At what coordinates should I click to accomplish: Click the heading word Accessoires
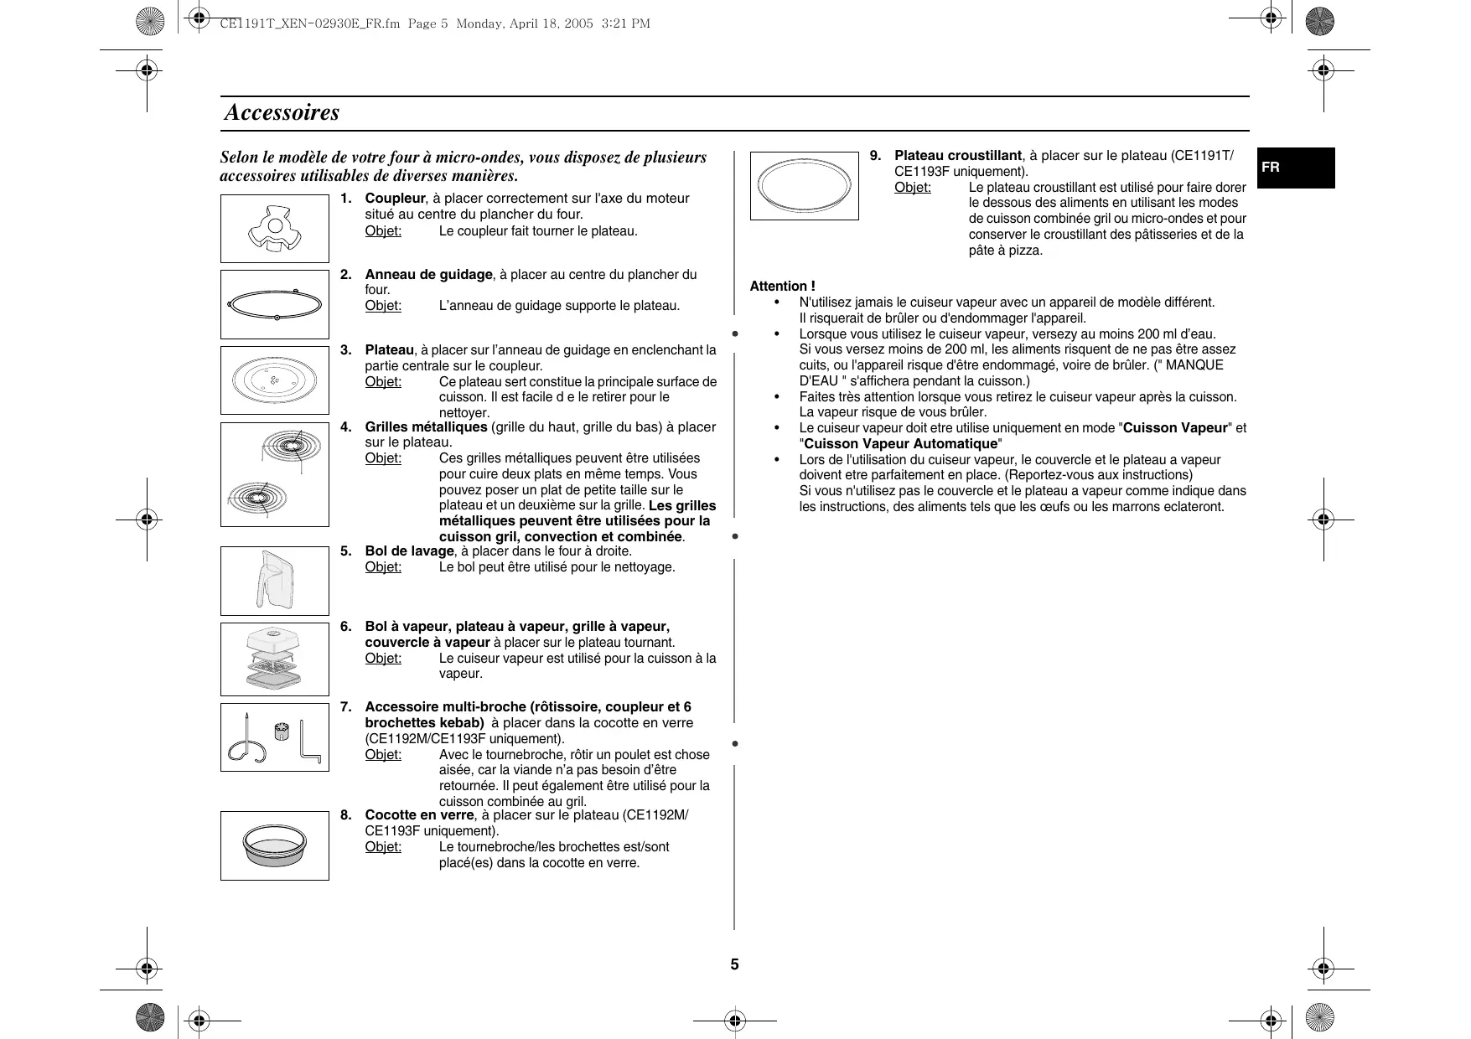[282, 112]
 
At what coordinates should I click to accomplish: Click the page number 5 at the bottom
[734, 964]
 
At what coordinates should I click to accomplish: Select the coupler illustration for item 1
[274, 229]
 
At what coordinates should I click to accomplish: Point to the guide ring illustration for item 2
[274, 304]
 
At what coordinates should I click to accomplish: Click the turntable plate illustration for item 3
[274, 380]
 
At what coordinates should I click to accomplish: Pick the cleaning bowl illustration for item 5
[274, 580]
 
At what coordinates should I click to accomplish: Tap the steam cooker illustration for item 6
[274, 659]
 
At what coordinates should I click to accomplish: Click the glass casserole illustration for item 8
[274, 845]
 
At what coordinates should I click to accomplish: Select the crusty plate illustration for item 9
[804, 185]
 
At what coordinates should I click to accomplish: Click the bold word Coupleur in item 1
[395, 199]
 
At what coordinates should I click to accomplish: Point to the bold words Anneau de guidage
[428, 275]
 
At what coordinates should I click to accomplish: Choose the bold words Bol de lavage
[409, 551]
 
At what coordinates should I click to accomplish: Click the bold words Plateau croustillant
[957, 156]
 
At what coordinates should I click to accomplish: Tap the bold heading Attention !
[782, 287]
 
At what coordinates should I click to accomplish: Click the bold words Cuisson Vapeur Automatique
[901, 444]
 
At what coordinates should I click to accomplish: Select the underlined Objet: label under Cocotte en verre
[383, 847]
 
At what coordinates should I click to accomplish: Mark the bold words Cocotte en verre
[419, 815]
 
